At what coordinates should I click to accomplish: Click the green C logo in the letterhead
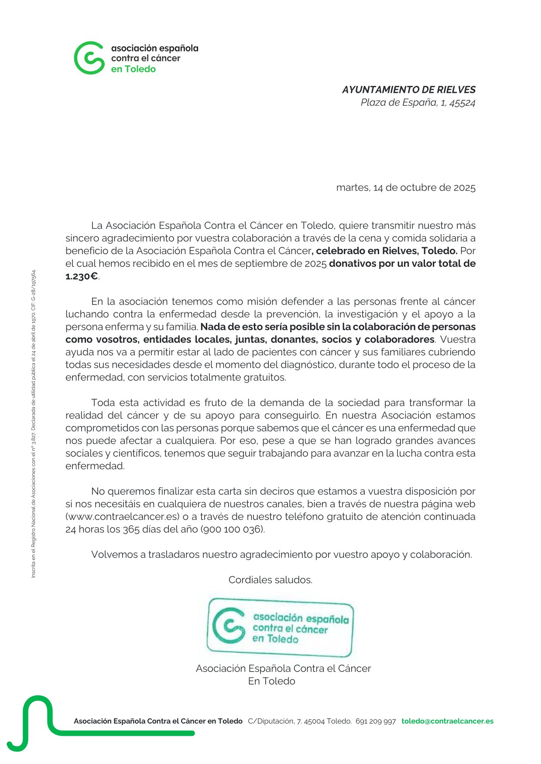89,58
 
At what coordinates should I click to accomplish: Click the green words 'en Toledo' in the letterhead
133,69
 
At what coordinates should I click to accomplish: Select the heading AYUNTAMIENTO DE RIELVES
408,90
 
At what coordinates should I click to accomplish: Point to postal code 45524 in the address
462,103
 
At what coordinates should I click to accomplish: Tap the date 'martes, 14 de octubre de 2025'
405,188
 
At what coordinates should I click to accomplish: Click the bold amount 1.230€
82,276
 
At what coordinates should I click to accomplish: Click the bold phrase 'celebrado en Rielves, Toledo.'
386,251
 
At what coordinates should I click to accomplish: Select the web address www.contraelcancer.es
123,517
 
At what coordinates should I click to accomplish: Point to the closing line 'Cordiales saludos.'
270,580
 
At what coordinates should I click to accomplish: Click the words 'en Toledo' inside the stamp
275,639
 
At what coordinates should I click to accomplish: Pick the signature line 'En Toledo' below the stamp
271,681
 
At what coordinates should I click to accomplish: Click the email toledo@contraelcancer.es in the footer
447,721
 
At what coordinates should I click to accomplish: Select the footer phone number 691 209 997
375,721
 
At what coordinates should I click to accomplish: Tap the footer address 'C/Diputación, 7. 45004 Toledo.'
300,721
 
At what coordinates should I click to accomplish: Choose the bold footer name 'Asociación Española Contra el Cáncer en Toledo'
158,721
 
